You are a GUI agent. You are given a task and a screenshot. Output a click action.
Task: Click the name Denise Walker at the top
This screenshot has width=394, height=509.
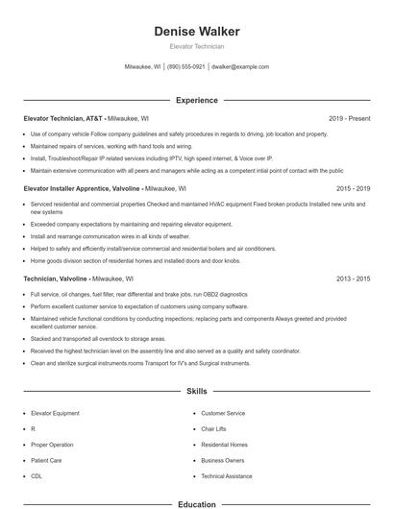pos(197,32)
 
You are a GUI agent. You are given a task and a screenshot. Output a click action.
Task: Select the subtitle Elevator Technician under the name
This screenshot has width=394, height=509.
pos(197,46)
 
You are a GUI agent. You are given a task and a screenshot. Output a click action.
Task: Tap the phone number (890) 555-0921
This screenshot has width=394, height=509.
pos(185,67)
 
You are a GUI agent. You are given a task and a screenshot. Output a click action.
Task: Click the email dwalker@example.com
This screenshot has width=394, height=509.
pos(240,67)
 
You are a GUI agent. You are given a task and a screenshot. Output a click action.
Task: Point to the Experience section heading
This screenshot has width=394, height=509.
pos(197,100)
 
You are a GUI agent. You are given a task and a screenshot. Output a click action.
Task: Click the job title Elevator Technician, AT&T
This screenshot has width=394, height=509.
pos(62,118)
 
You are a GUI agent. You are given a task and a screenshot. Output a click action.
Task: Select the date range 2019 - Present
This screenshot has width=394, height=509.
pos(349,118)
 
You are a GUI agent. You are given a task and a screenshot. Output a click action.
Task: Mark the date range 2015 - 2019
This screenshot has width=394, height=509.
pos(353,189)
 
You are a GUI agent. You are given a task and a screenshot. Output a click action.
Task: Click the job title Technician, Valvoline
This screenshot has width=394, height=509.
pos(58,278)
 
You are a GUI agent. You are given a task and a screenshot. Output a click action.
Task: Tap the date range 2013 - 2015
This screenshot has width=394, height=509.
pos(353,278)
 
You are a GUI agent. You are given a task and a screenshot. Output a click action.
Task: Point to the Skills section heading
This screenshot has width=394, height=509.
pos(197,392)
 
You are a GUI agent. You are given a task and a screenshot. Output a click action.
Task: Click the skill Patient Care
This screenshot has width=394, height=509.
pos(46,461)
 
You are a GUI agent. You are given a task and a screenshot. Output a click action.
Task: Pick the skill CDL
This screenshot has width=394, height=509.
pos(37,476)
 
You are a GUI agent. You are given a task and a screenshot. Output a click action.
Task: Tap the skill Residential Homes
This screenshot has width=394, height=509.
pos(224,445)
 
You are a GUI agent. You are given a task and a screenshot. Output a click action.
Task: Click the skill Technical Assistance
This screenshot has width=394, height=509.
pos(227,476)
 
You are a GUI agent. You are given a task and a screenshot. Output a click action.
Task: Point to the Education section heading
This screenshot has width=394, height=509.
pos(197,503)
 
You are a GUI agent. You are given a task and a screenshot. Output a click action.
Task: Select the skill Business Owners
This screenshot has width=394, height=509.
pos(222,461)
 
